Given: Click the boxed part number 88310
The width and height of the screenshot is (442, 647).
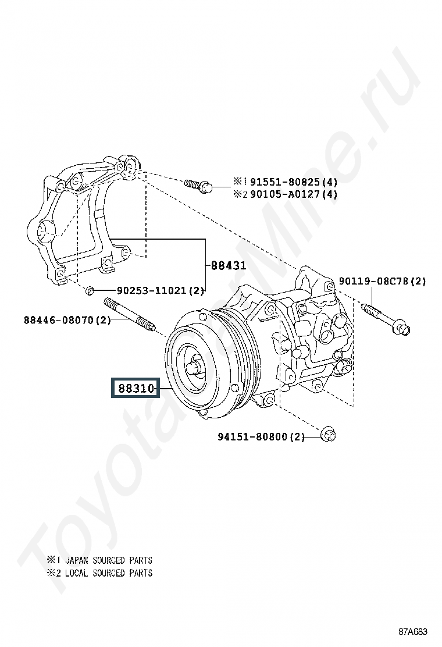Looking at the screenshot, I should (x=136, y=389).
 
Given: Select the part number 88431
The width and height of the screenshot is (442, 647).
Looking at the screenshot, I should (x=229, y=266).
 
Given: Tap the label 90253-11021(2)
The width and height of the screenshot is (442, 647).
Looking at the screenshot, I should (x=161, y=290).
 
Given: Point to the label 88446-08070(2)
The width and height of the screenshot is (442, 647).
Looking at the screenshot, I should (x=67, y=319).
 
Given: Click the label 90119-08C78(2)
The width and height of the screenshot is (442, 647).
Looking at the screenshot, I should (x=382, y=282).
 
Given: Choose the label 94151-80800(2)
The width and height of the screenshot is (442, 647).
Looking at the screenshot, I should (x=261, y=436).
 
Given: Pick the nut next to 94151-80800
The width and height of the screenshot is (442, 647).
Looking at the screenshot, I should (x=329, y=433).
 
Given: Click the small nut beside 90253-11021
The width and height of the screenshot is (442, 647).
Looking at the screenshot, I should (x=90, y=289).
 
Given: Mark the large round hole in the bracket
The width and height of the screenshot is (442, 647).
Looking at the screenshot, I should (x=44, y=235).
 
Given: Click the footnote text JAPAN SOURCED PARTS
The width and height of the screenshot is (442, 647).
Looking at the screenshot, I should (x=108, y=560).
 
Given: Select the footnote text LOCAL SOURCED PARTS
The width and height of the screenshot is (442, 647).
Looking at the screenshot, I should (x=108, y=573).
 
